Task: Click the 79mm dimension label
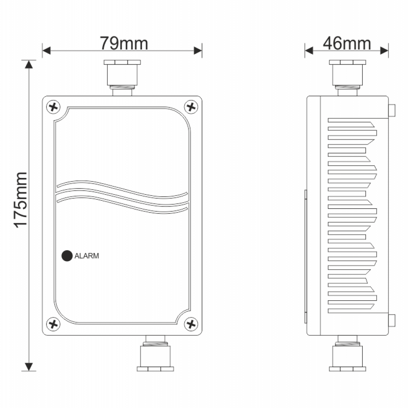tap(124, 43)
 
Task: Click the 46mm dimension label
tap(347, 43)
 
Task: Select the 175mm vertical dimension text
tap(20, 200)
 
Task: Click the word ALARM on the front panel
tap(87, 256)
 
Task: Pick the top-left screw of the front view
tap(53, 107)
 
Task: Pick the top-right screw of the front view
tap(191, 107)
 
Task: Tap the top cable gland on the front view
tap(122, 75)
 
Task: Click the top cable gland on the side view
tap(348, 75)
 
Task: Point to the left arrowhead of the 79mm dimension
tap(46, 51)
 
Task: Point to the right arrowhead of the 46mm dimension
tap(384, 50)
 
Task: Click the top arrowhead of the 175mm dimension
tap(29, 64)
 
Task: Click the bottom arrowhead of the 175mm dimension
tap(29, 367)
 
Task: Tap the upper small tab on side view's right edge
tap(392, 110)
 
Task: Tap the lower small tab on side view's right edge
tap(392, 321)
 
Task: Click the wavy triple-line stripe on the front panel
tap(122, 196)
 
